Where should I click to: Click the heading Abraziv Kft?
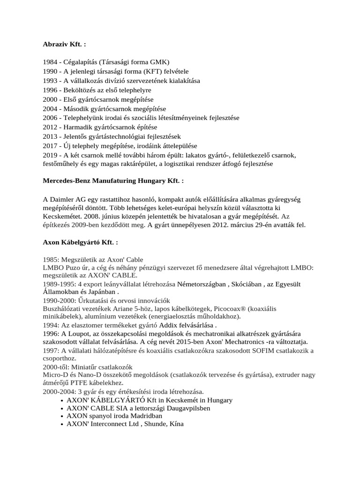point(64,45)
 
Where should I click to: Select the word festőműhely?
point(62,164)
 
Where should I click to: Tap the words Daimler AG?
point(67,199)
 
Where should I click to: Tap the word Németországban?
point(201,285)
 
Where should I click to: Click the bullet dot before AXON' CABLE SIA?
point(63,408)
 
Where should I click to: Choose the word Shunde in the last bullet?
point(149,424)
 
